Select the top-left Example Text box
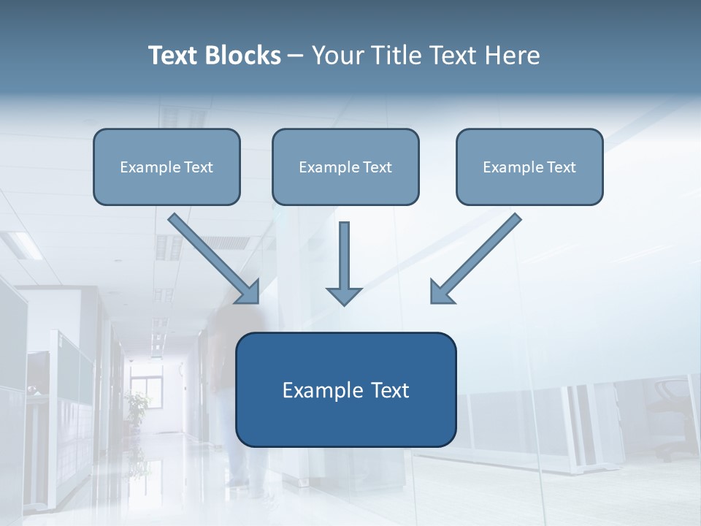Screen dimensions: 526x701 coord(166,167)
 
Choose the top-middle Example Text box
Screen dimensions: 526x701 coord(345,167)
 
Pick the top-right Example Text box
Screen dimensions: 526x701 coord(529,167)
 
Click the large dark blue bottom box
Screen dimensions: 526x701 coord(345,389)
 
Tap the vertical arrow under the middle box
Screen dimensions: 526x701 coord(344,263)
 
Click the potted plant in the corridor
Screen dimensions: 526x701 coord(137,405)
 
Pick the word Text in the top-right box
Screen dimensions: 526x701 coord(560,167)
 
